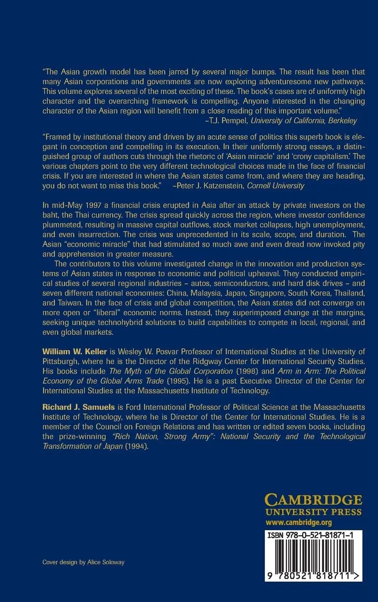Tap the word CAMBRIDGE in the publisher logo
pos(313,501)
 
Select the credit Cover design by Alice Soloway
pos(83,562)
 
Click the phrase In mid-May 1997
pos(69,205)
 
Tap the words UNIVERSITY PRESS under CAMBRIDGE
pos(313,513)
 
